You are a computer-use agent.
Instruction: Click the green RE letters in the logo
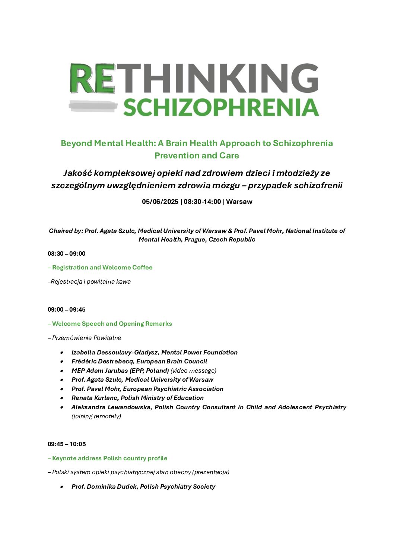pyautogui.click(x=92, y=78)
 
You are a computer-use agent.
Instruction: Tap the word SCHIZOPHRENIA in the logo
pyautogui.click(x=221, y=108)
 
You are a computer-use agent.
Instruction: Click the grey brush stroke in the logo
pyautogui.click(x=93, y=106)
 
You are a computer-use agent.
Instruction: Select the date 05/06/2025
pyautogui.click(x=160, y=202)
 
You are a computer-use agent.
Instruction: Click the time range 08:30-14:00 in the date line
pyautogui.click(x=202, y=202)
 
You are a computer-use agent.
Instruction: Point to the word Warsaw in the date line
pyautogui.click(x=239, y=202)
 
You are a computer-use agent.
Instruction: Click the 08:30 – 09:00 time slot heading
pyautogui.click(x=67, y=254)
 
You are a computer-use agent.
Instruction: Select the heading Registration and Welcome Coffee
pyautogui.click(x=102, y=268)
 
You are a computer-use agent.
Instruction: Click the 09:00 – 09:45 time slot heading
pyautogui.click(x=67, y=310)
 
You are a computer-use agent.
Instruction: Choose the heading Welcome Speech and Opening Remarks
pyautogui.click(x=112, y=324)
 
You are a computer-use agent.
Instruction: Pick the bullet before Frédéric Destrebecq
pyautogui.click(x=62, y=362)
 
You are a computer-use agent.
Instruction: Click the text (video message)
pyautogui.click(x=193, y=371)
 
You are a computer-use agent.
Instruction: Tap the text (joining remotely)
pyautogui.click(x=96, y=416)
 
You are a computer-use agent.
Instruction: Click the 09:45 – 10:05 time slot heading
pyautogui.click(x=67, y=444)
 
